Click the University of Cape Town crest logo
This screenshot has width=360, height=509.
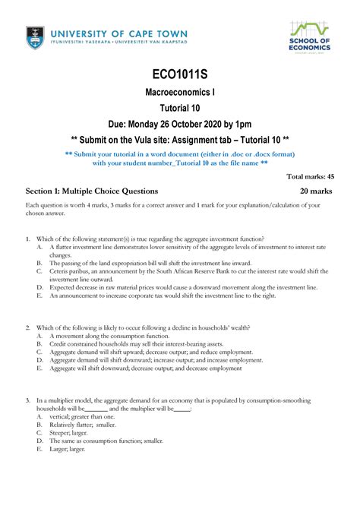click(x=34, y=36)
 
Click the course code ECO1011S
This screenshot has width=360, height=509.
click(x=180, y=74)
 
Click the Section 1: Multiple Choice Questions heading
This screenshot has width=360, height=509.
click(x=92, y=191)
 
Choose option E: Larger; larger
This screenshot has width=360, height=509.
click(x=71, y=449)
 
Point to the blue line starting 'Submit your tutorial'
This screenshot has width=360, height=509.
click(x=180, y=153)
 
